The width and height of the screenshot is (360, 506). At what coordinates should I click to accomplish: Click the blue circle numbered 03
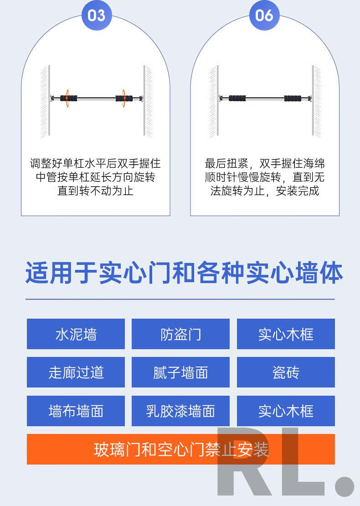coord(97,15)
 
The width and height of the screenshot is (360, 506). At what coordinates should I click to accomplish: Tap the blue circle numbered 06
coord(264,15)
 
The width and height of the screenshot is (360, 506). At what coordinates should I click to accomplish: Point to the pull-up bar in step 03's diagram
coord(97,98)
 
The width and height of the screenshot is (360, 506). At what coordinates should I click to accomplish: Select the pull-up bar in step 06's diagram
coord(265,98)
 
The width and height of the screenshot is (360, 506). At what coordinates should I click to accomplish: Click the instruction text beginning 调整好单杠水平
coord(96,177)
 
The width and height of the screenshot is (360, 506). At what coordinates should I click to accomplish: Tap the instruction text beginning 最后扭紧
coord(264,177)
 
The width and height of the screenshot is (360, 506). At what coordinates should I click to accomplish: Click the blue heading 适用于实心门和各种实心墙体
coord(184,273)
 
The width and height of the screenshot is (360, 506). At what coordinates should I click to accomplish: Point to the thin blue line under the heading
coord(180,299)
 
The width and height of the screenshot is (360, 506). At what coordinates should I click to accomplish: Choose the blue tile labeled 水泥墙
coord(76,334)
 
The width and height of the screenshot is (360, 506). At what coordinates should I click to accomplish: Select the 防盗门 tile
coord(180,334)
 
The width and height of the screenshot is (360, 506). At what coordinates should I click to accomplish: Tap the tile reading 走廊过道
coord(76,372)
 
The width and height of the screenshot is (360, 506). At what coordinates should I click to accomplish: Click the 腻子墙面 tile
coord(180,372)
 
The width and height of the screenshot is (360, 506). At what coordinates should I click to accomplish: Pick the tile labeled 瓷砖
coord(286,372)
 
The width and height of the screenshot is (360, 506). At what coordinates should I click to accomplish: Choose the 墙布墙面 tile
coord(76,411)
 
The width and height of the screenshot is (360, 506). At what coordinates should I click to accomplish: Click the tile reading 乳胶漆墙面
coord(180,411)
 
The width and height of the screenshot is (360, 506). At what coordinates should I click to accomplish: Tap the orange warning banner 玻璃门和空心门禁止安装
coord(180,449)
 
